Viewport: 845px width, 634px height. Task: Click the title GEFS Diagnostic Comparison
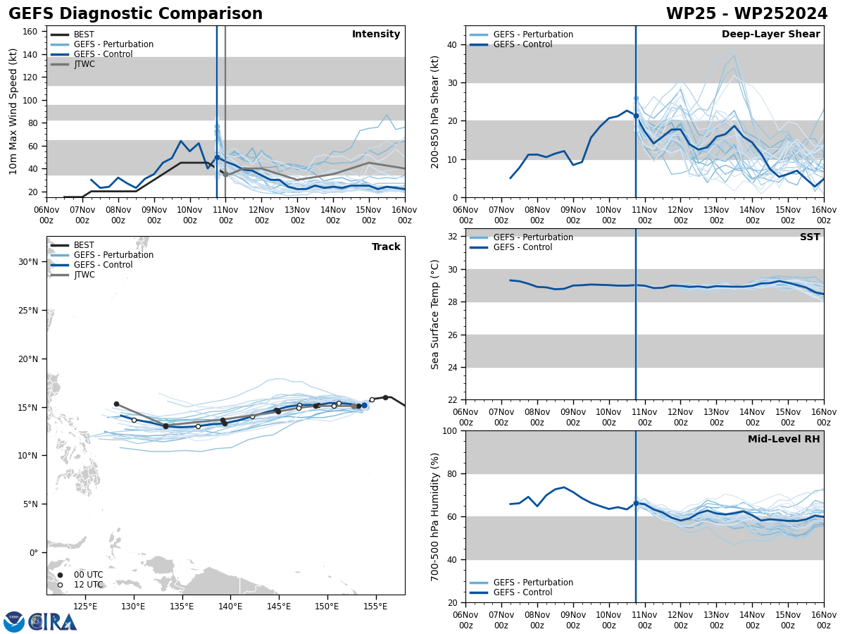coord(135,14)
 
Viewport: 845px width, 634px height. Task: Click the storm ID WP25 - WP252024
coord(746,14)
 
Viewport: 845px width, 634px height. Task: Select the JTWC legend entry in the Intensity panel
coord(84,64)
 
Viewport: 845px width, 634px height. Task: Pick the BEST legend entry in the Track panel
coord(84,245)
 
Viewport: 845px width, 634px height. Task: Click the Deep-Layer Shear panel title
coord(770,35)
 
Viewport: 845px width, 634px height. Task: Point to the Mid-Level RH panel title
coord(783,440)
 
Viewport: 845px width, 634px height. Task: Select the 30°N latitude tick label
coord(27,262)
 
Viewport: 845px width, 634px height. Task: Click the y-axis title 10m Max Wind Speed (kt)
coord(13,111)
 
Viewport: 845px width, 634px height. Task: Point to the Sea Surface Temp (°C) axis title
coord(435,314)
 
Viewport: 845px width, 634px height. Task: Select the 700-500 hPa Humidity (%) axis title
coord(435,516)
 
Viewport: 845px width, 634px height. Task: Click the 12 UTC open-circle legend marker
coord(60,585)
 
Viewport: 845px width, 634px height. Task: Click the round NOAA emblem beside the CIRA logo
coord(14,622)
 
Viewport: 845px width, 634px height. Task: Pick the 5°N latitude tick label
coord(30,504)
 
